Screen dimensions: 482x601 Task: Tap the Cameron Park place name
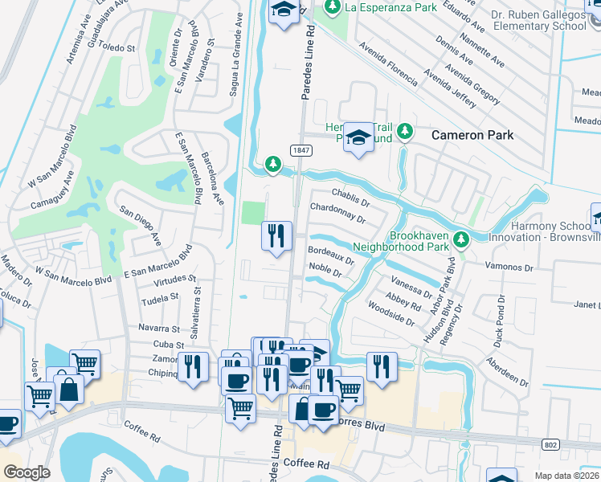click(472, 135)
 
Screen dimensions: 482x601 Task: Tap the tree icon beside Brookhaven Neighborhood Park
click(460, 239)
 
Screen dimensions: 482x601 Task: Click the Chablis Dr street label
click(350, 198)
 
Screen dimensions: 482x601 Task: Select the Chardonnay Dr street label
click(337, 214)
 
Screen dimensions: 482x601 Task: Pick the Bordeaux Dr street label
click(331, 255)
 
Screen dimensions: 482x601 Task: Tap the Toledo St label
click(117, 47)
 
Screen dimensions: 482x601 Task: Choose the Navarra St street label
click(158, 329)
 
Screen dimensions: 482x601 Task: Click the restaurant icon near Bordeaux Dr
click(276, 236)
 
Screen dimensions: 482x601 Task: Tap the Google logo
click(27, 472)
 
